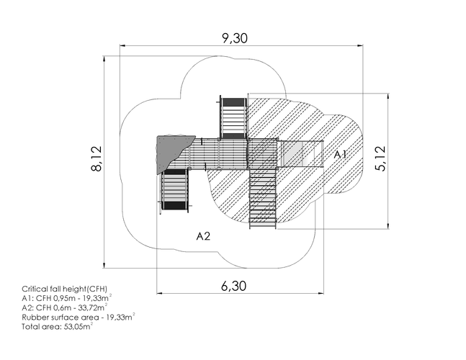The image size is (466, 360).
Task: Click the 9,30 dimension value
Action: pos(235,38)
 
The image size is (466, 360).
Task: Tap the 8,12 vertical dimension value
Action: pos(97,158)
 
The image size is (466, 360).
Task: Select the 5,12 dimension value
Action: pos(380,158)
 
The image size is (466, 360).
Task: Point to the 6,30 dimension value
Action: pos(234,286)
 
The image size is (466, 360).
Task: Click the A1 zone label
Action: pos(340,155)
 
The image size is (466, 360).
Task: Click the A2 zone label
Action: pos(204,236)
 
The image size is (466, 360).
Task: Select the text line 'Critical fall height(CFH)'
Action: pos(65,289)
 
